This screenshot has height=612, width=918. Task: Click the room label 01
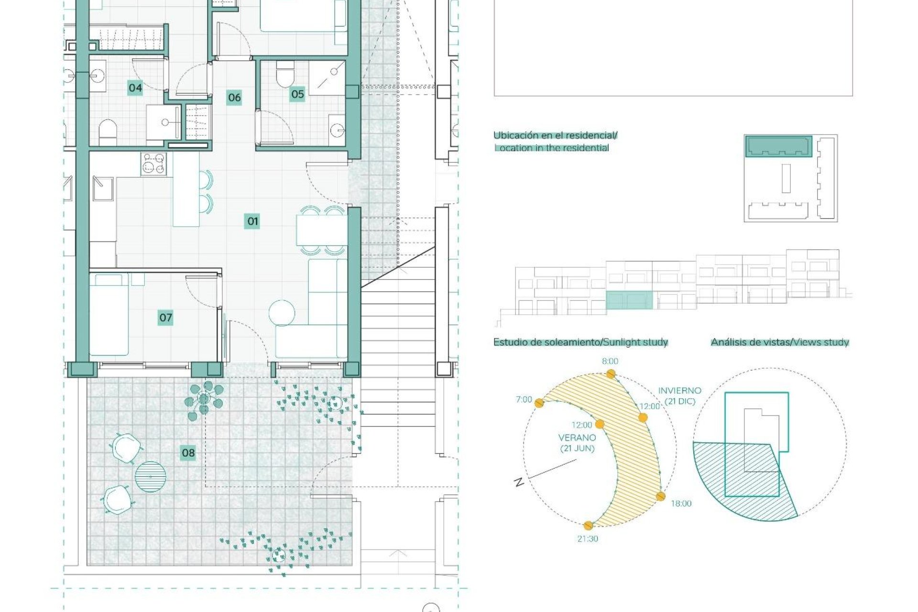[x=252, y=221]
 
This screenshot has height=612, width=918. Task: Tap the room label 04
[x=135, y=88]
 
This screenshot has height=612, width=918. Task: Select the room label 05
[x=297, y=94]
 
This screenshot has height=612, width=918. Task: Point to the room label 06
[x=234, y=98]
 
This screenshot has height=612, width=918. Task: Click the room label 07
[x=165, y=317]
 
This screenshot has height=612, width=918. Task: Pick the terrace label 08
[x=188, y=453]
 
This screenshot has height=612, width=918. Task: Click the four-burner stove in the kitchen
[x=153, y=164]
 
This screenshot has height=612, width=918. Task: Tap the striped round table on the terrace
[x=151, y=477]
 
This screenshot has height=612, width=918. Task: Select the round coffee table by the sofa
[x=282, y=313]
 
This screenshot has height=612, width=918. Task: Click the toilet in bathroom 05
[x=285, y=76]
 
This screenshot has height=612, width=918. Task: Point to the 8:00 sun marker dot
[x=610, y=374]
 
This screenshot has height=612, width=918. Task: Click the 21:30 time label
[x=587, y=539]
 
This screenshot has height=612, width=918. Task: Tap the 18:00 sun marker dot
[x=660, y=496]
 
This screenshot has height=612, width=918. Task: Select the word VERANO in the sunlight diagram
[x=577, y=437]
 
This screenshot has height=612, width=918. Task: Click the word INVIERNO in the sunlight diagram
[x=679, y=391]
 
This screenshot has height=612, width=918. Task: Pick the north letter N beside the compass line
[x=519, y=482]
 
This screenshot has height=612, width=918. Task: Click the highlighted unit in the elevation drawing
[x=629, y=301]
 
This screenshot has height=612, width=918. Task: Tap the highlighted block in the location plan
[x=779, y=146]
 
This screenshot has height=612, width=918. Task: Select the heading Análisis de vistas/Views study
[x=779, y=342]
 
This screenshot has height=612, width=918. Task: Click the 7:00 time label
[x=524, y=400]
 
